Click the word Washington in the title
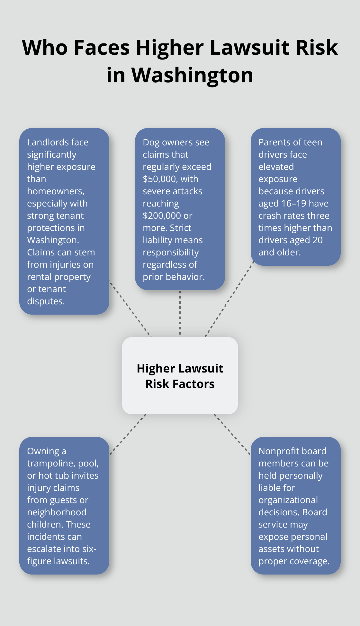coord(192,75)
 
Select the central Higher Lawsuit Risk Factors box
coord(180,376)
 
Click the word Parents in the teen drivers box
coord(274,142)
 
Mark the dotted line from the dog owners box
coord(180,313)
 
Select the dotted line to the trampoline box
coord(128,435)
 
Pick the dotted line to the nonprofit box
coord(232,435)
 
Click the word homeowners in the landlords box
coord(55,191)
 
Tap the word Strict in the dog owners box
coord(180,228)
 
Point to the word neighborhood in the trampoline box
coord(57,512)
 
